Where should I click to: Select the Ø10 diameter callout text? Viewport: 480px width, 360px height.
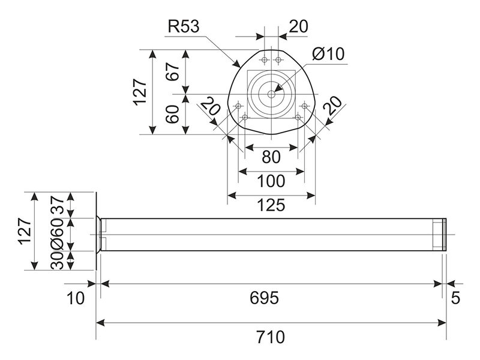point(328,54)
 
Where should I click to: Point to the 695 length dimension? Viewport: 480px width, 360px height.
point(264,298)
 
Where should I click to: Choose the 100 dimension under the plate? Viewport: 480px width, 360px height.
point(271,181)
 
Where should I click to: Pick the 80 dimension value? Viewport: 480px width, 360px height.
point(271,157)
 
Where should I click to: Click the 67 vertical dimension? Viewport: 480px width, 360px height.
point(174,72)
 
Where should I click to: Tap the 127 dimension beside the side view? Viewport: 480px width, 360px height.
point(24,231)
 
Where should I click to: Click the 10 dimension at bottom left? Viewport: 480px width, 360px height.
point(76,298)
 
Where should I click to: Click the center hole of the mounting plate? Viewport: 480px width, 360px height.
point(271,94)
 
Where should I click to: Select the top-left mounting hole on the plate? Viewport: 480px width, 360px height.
point(264,59)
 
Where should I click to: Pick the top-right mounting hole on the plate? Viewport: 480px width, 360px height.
point(278,59)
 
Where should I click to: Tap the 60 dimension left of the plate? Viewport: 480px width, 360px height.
point(174,114)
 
